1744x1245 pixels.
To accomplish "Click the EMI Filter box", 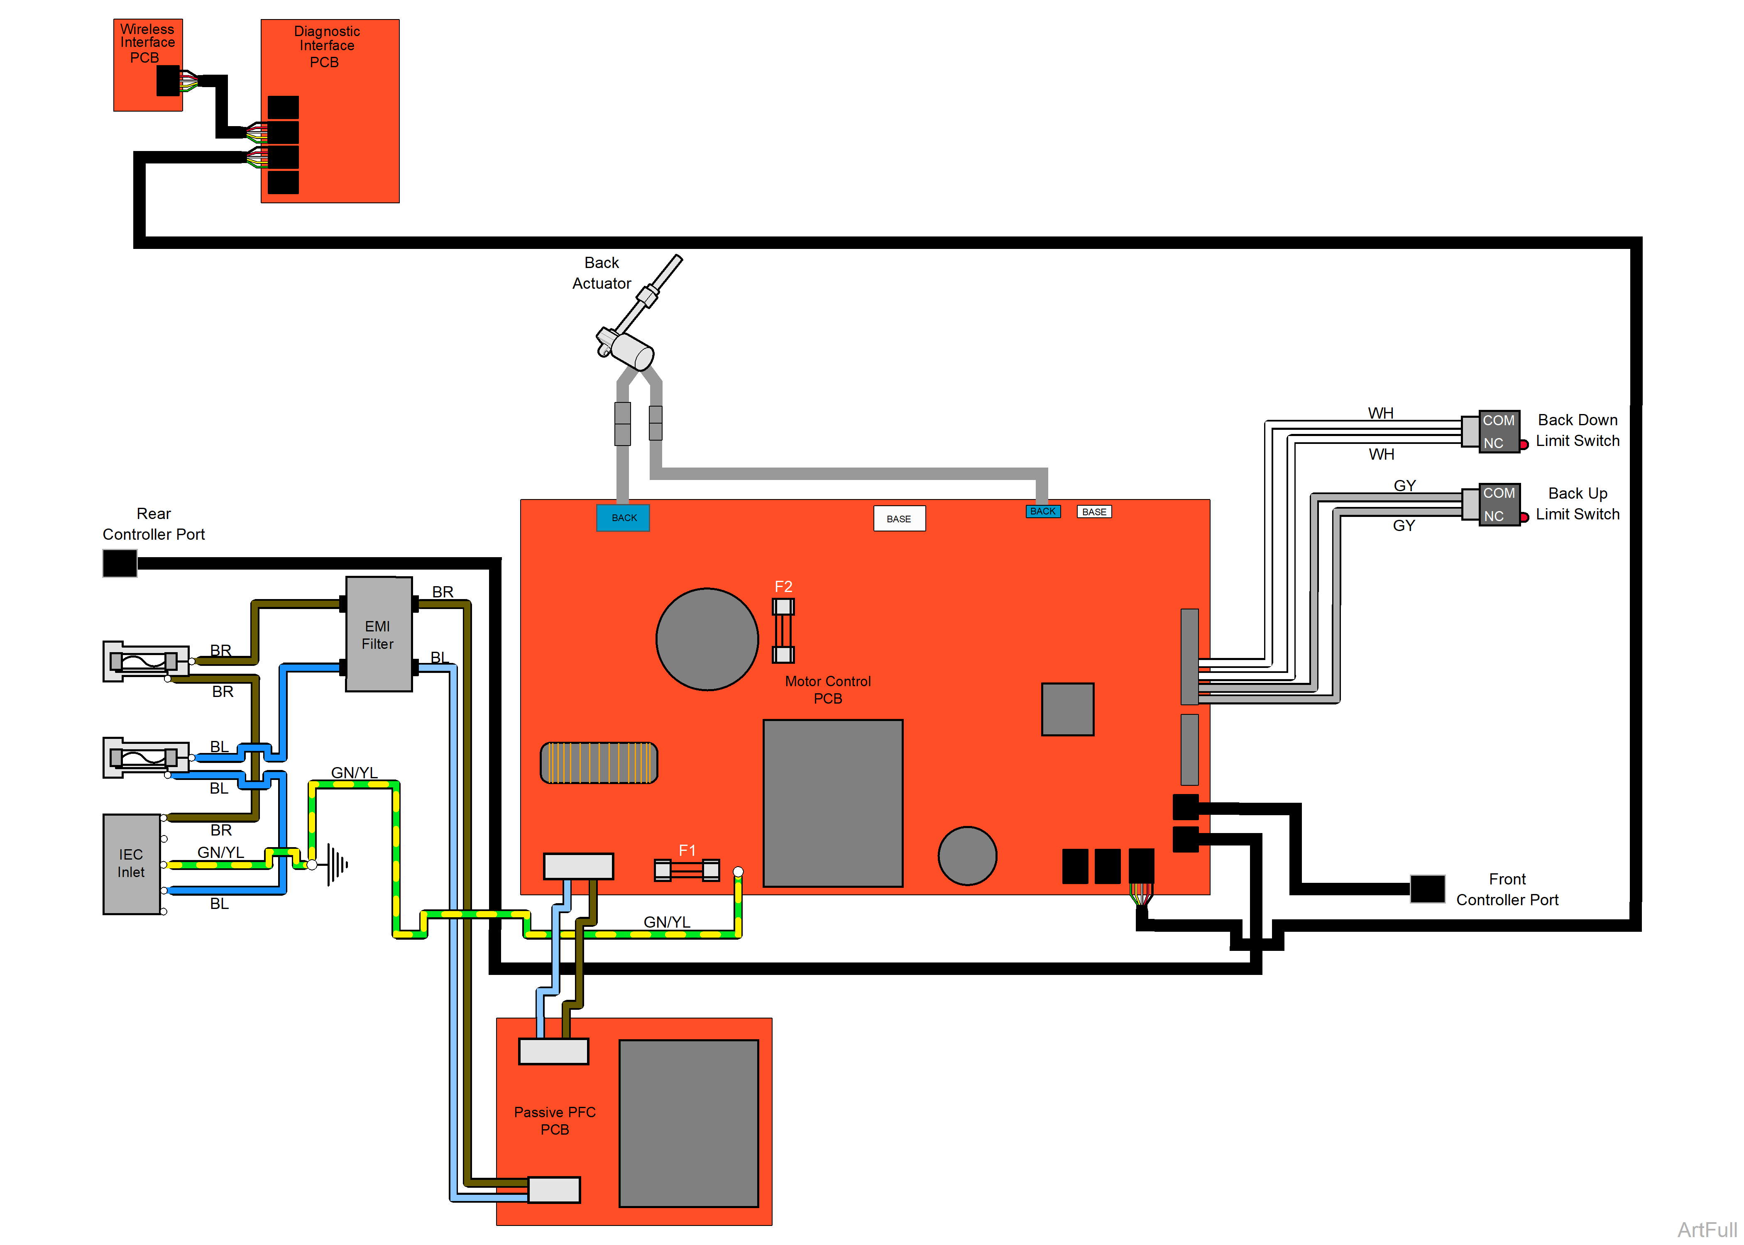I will [378, 635].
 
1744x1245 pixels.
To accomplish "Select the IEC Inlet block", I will [131, 864].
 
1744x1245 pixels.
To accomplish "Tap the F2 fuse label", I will [783, 587].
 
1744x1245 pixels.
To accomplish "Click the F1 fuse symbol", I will [686, 870].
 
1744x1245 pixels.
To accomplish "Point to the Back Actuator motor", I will [629, 349].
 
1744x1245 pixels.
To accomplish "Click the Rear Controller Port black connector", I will [120, 563].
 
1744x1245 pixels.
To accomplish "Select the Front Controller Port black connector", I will [1427, 889].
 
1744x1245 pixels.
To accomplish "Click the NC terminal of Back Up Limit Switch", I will [1493, 516].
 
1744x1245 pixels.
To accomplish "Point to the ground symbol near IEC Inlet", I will [336, 865].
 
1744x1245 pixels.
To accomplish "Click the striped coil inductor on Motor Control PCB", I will [599, 763].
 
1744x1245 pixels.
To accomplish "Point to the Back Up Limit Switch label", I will [1578, 504].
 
